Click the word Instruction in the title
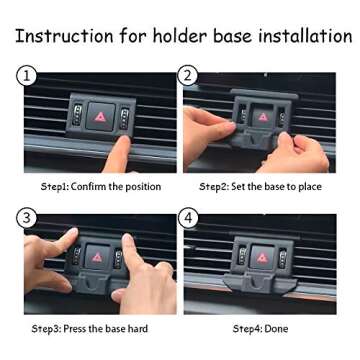tap(62, 36)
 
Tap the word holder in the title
tap(183, 36)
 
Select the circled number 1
tap(27, 75)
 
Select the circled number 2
tap(187, 75)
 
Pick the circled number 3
tap(27, 217)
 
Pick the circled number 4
tap(187, 217)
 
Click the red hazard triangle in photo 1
tap(100, 118)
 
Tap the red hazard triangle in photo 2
tap(263, 116)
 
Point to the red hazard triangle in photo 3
tap(97, 257)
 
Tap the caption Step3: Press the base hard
tap(89, 328)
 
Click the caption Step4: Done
tap(260, 328)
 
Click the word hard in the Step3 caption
tap(136, 328)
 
